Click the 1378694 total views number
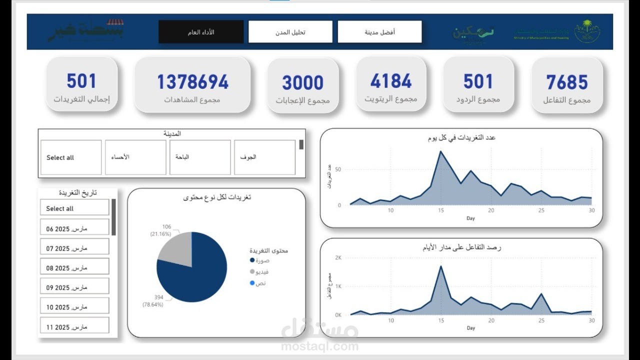[192, 82]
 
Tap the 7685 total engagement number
[567, 82]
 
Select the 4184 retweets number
[391, 81]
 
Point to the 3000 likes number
[302, 82]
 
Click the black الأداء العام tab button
[201, 32]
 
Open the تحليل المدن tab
[290, 32]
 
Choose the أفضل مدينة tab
[379, 32]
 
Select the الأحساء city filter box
[135, 157]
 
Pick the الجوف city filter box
[264, 157]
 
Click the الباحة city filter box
[200, 157]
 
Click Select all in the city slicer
[71, 157]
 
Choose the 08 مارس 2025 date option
[74, 268]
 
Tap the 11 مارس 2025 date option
[74, 327]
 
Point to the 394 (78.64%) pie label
[153, 301]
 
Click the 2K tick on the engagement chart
[338, 258]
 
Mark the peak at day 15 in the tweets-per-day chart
[440, 151]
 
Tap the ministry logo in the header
[586, 31]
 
